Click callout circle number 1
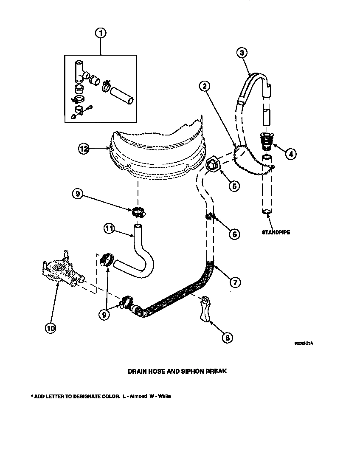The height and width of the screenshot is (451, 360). [101, 33]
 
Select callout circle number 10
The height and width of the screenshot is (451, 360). [51, 328]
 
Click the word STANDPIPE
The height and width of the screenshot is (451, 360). [276, 232]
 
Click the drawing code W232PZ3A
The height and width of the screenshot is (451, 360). [304, 343]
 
